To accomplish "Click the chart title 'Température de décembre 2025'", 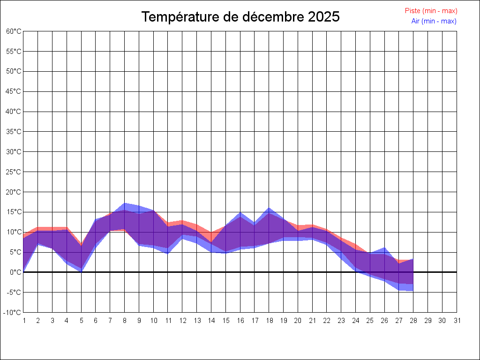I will click(x=240, y=17).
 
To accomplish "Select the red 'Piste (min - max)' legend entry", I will click(x=431, y=11).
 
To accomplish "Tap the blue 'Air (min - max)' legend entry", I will click(x=434, y=21).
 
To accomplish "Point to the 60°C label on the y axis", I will click(x=14, y=31).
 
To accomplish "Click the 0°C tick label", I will click(x=15, y=272).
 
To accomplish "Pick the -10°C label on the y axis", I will click(x=13, y=313).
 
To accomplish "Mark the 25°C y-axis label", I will click(x=14, y=172).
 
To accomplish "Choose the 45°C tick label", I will click(x=14, y=91).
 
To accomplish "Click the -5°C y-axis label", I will click(x=14, y=292).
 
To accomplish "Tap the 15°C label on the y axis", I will click(x=14, y=212).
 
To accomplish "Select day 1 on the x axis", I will click(x=23, y=321).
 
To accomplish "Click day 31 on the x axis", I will click(x=457, y=321).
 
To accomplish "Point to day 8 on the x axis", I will click(x=125, y=321).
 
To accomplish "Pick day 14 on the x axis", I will click(x=211, y=321).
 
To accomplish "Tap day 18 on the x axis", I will click(x=269, y=321).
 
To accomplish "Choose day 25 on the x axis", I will click(x=370, y=321).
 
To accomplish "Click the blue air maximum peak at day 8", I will click(x=125, y=203).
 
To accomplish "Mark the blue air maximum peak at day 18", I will click(x=269, y=208).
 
